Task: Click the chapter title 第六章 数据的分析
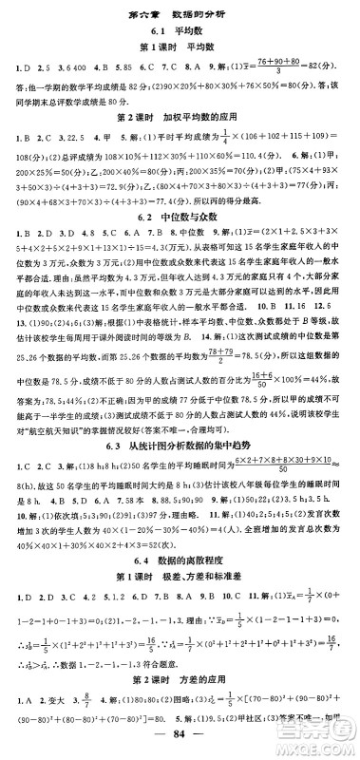pyautogui.click(x=180, y=12)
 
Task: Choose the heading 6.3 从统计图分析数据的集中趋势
pyautogui.click(x=180, y=446)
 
